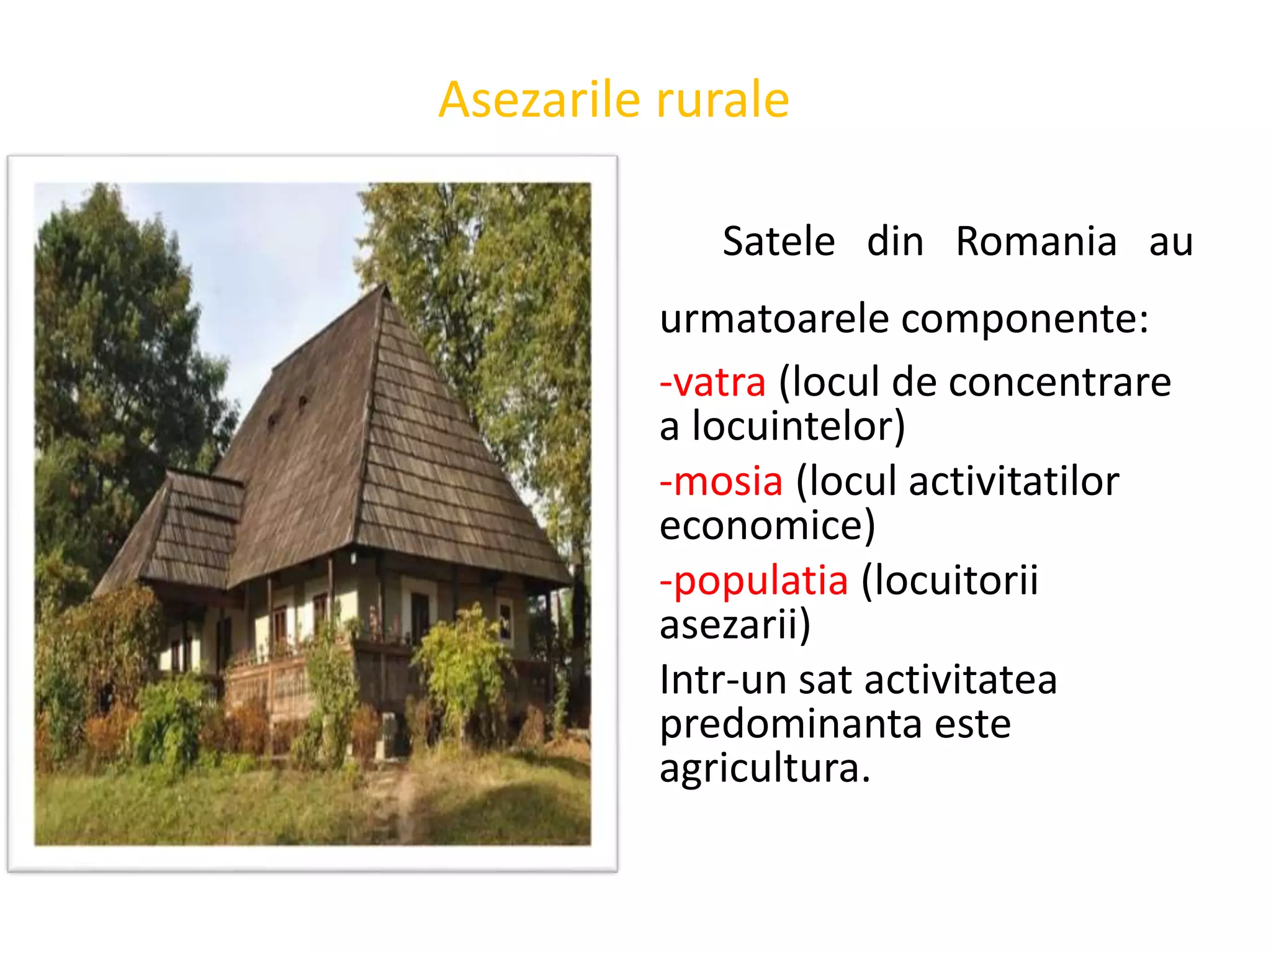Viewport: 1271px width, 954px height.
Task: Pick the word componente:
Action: coord(1025,320)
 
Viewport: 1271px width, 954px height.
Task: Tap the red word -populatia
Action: coord(753,581)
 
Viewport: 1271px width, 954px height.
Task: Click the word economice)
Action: coord(767,526)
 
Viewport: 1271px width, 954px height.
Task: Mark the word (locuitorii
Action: coord(950,581)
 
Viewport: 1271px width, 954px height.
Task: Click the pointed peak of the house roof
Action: coord(384,288)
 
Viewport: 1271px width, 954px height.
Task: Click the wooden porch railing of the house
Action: coord(267,683)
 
